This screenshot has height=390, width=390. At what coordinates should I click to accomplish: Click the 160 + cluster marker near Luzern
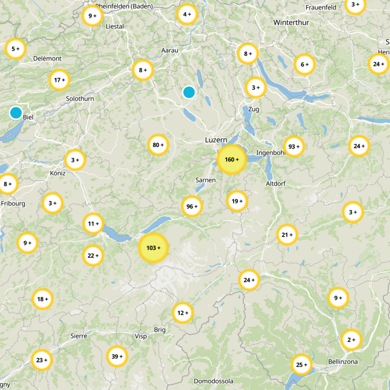click(232, 159)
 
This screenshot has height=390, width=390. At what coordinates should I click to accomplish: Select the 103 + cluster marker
click(153, 248)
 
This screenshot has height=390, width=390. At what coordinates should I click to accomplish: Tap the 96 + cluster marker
click(192, 206)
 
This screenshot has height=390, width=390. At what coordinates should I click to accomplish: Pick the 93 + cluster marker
click(293, 146)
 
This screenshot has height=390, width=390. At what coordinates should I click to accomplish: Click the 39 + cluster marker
click(117, 356)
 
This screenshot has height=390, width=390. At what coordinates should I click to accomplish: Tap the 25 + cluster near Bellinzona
click(301, 364)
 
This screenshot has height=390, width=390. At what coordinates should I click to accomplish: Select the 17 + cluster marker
click(59, 80)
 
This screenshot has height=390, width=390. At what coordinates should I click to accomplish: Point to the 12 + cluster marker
click(183, 312)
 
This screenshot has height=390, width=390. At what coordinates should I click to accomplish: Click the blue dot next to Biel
click(16, 113)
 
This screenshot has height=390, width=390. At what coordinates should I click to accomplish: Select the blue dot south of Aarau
click(189, 92)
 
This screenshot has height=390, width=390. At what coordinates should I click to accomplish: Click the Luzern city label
click(216, 140)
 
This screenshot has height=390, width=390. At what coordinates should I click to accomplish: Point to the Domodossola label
click(214, 381)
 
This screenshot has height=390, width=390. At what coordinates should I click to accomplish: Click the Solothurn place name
click(80, 99)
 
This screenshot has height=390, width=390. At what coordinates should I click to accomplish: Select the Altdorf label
click(276, 184)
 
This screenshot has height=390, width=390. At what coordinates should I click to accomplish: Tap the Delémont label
click(47, 58)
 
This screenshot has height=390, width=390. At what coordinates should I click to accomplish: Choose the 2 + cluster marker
click(351, 339)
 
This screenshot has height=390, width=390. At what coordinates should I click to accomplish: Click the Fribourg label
click(13, 204)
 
